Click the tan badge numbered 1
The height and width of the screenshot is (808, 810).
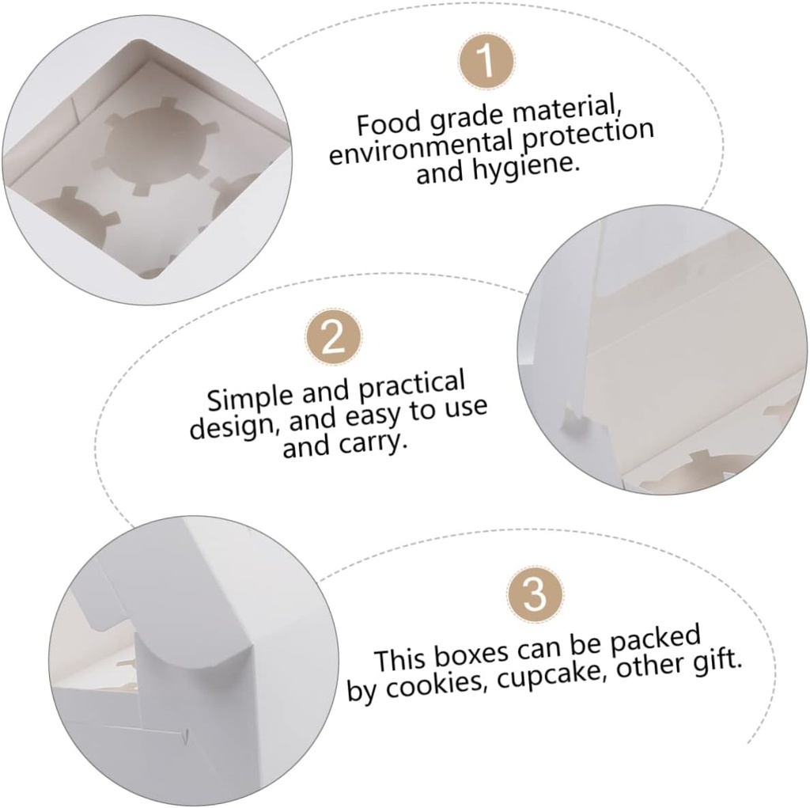[x=486, y=60]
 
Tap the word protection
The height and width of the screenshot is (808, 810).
[x=588, y=136]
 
